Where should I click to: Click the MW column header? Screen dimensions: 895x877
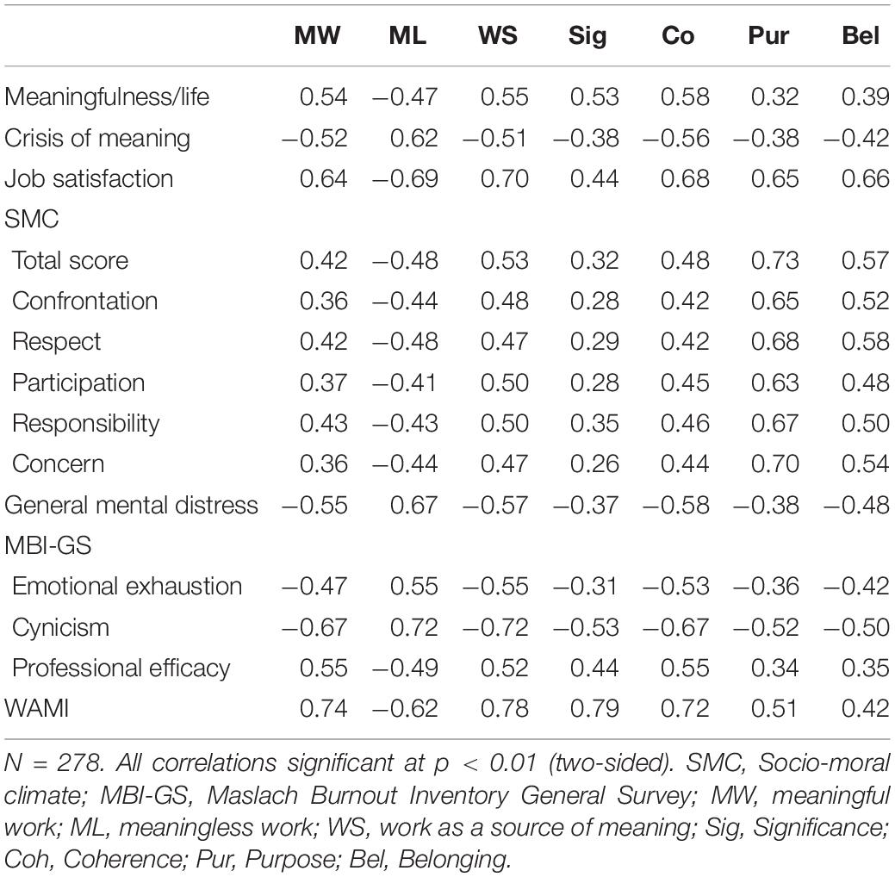pyautogui.click(x=317, y=35)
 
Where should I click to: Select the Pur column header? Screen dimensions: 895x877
pyautogui.click(x=768, y=35)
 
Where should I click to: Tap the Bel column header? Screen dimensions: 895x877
pyautogui.click(x=861, y=35)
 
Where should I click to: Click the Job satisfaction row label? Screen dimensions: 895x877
pyautogui.click(x=89, y=178)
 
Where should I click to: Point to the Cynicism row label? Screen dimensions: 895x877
pyautogui.click(x=60, y=627)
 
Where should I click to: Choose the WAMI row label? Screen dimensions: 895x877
pyautogui.click(x=36, y=708)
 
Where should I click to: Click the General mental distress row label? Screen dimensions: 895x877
pyautogui.click(x=131, y=506)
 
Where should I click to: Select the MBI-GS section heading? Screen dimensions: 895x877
pyautogui.click(x=48, y=546)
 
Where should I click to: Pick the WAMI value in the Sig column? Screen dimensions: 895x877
pyautogui.click(x=594, y=708)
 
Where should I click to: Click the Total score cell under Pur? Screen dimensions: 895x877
pyautogui.click(x=774, y=260)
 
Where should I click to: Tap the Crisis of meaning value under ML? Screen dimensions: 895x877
pyautogui.click(x=413, y=138)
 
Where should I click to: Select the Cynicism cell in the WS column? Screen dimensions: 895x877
pyautogui.click(x=495, y=627)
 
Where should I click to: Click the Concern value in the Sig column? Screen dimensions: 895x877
pyautogui.click(x=594, y=463)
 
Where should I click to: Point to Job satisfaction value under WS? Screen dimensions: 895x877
pyautogui.click(x=505, y=178)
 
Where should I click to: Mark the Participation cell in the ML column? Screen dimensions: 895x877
pyautogui.click(x=405, y=383)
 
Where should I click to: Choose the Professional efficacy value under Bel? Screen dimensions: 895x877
pyautogui.click(x=866, y=668)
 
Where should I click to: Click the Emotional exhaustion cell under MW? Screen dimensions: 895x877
pyautogui.click(x=314, y=587)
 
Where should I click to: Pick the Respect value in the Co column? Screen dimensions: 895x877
pyautogui.click(x=684, y=341)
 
